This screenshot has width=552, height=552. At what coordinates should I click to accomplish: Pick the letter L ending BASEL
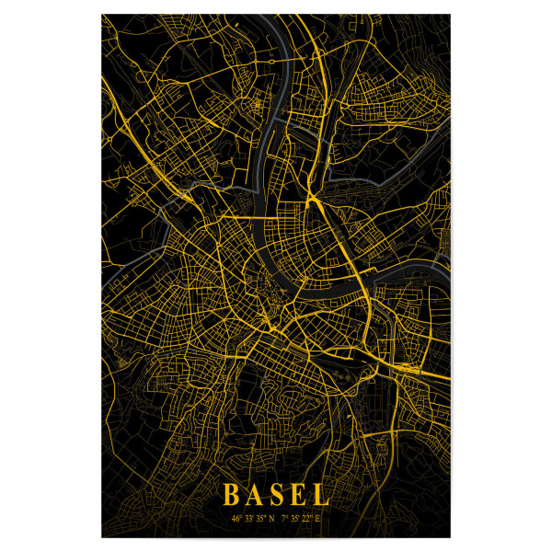coord(319,495)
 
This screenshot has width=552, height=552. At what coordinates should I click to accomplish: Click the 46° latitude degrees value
coord(236,519)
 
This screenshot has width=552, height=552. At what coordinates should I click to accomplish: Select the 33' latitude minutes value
coord(248,519)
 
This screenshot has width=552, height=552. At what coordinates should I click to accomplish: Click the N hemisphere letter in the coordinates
coord(271,519)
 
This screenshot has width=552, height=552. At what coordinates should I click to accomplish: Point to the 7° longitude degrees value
coord(283,519)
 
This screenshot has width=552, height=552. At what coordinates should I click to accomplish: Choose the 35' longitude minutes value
coord(294,519)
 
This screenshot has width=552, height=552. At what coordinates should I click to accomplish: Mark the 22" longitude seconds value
coord(306,519)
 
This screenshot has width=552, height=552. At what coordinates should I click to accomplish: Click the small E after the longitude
coord(316,519)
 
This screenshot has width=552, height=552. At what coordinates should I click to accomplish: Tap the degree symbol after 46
coord(241,516)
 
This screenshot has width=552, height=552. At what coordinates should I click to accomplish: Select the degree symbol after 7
coord(287,516)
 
